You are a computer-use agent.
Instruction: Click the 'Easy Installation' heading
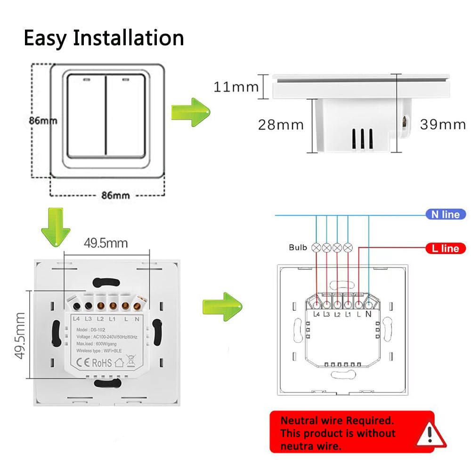[104, 38]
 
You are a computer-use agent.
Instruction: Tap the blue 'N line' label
[445, 214]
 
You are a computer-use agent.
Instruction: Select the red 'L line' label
[445, 248]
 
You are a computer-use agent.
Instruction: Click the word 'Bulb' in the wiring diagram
[298, 247]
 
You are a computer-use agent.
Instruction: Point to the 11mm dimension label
[236, 87]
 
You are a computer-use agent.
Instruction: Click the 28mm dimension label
[281, 125]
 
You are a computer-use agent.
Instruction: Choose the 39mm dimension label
[443, 124]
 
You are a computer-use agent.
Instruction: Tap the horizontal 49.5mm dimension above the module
[106, 243]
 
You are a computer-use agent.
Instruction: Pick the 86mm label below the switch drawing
[109, 195]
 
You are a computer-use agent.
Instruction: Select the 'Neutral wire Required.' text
[336, 420]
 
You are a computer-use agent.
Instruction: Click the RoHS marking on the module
[101, 363]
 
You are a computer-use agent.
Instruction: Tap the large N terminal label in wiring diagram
[368, 314]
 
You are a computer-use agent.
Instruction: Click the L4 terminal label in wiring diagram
[316, 314]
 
